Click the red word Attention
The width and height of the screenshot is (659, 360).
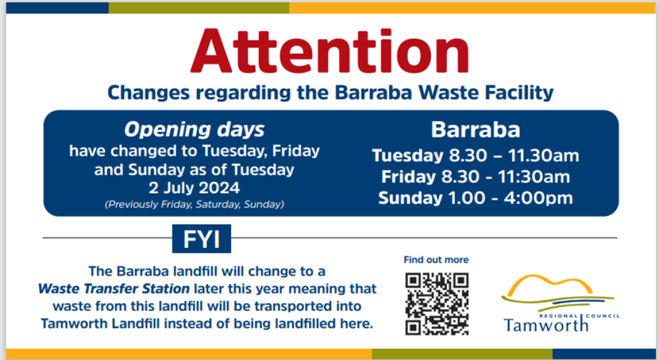tap(329, 50)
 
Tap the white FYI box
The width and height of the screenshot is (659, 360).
tap(202, 239)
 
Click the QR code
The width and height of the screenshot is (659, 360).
tap(437, 304)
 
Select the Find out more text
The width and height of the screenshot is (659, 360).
tap(436, 260)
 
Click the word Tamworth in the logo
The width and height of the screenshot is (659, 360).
tap(546, 325)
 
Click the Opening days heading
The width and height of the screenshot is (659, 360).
tap(194, 130)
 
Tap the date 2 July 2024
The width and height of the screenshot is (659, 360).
tap(194, 188)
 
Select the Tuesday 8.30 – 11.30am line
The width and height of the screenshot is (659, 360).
tap(476, 155)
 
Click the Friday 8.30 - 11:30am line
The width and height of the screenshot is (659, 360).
tap(476, 177)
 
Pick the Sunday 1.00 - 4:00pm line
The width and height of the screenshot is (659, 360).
tap(476, 198)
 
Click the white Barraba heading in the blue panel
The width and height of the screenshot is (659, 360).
tap(476, 130)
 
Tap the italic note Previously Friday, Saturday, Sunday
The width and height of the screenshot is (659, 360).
tap(194, 204)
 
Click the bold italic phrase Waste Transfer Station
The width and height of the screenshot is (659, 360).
tap(114, 289)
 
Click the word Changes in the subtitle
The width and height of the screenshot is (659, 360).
tap(149, 93)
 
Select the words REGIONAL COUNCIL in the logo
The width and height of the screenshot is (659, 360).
tap(579, 316)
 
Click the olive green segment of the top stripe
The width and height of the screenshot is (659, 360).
tap(199, 8)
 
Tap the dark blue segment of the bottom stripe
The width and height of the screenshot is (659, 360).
tap(604, 353)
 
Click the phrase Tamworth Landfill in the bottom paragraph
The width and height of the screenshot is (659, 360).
tap(100, 324)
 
